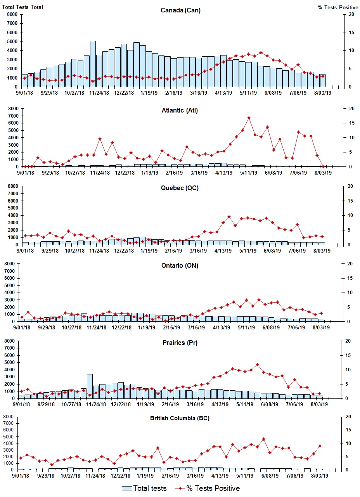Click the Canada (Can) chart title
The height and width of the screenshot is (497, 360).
click(x=180, y=10)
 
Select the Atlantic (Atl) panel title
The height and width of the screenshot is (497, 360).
click(x=180, y=111)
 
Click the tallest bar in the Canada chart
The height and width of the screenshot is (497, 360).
click(x=93, y=64)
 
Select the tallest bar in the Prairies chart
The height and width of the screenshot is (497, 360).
click(x=90, y=386)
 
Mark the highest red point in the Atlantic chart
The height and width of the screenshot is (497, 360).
click(x=249, y=118)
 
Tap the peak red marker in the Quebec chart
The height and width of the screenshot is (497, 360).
click(x=229, y=217)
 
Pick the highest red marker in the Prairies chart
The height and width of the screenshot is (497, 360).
click(x=257, y=365)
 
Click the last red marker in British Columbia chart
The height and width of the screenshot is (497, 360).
click(x=320, y=446)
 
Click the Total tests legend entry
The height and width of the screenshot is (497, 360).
click(x=149, y=488)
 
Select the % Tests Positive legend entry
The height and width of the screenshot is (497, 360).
click(x=213, y=488)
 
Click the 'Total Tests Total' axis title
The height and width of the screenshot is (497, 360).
click(x=22, y=7)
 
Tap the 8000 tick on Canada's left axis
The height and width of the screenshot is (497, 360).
click(x=12, y=14)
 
